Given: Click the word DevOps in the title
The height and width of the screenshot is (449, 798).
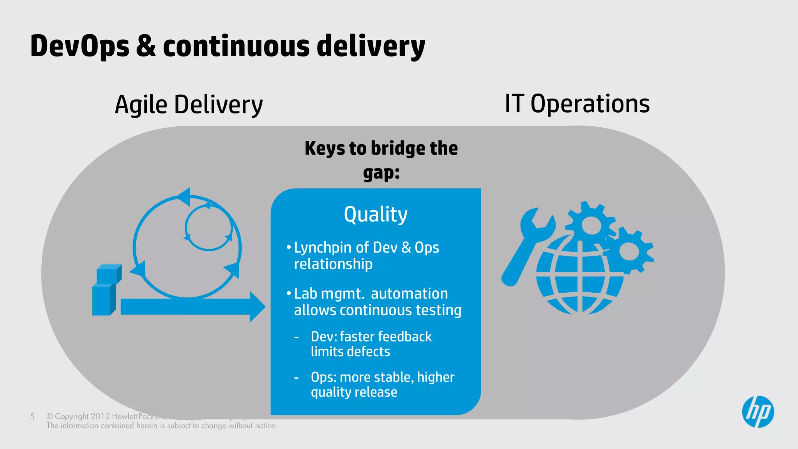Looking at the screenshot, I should coord(79,46).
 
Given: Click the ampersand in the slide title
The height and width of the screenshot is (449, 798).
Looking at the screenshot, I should coord(146,46).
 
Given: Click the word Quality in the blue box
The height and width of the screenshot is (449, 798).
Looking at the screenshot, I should coord(376,215).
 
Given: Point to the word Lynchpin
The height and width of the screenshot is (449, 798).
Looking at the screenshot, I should coord(322,248).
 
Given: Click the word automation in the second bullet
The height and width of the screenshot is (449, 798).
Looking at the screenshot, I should coord(409,293).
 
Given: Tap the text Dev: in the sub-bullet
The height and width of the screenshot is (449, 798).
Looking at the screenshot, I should coord(323,336).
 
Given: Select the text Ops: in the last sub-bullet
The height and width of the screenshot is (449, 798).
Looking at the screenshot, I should coord(323,377).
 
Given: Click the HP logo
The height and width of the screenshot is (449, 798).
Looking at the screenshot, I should coord(758,412).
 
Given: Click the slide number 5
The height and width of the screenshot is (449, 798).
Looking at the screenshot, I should coord(32,416).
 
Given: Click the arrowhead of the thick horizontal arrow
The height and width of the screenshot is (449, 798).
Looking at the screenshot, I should coord(257,307).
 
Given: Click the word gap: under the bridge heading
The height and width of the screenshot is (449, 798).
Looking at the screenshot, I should coord(381,172).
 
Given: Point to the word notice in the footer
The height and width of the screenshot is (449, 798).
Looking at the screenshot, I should coord(265,426).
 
